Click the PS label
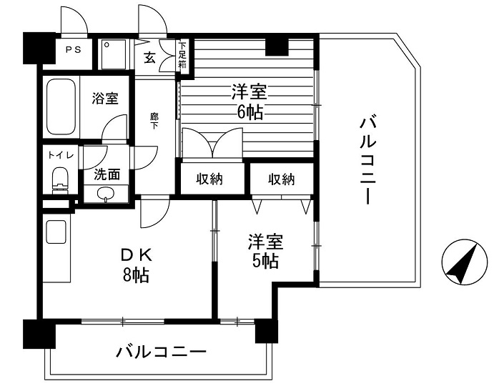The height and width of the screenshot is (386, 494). [x=73, y=49]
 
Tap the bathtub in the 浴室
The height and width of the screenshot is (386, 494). [x=61, y=107]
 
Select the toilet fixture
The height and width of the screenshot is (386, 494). [x=60, y=181]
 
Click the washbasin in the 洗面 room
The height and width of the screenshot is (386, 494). [x=105, y=194]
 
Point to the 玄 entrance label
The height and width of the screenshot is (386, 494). [x=149, y=57]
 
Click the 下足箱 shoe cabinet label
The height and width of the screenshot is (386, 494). [x=183, y=55]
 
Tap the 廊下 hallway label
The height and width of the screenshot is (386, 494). [x=154, y=121]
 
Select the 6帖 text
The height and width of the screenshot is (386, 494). [x=250, y=112]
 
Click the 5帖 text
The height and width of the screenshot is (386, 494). [x=265, y=261]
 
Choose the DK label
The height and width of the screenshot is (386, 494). [x=137, y=255]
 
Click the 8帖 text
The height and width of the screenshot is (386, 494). [x=136, y=275]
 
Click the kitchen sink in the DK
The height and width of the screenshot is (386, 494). [x=56, y=232]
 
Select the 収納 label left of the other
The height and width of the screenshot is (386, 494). [x=209, y=179]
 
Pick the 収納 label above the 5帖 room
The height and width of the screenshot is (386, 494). [x=282, y=179]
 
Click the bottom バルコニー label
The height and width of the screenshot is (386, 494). [x=161, y=352]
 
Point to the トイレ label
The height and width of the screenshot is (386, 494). [x=61, y=155]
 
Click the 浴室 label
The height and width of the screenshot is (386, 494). [x=105, y=98]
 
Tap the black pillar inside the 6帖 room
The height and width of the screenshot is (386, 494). [x=277, y=47]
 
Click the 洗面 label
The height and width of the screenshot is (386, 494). [x=107, y=174]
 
